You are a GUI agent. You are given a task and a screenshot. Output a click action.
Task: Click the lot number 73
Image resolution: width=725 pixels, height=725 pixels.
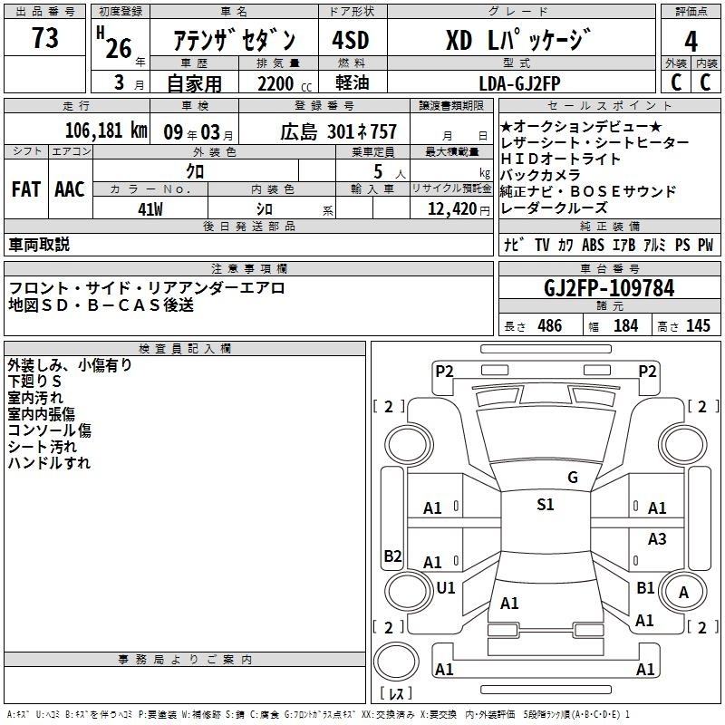click(x=44, y=38)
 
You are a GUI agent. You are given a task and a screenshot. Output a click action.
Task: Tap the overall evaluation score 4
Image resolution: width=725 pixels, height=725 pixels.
click(x=691, y=42)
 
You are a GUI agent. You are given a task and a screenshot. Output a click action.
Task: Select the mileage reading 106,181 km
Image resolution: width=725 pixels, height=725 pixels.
click(x=106, y=130)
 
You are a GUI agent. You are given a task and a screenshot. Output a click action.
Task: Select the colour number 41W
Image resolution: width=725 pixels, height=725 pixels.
click(x=150, y=208)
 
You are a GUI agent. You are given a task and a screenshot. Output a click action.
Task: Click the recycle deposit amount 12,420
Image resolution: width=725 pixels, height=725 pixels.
click(x=450, y=208)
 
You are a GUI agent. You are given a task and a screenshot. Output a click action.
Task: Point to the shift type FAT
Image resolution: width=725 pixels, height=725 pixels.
click(x=25, y=189)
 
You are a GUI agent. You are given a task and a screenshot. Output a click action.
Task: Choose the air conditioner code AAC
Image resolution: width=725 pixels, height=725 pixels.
click(x=70, y=189)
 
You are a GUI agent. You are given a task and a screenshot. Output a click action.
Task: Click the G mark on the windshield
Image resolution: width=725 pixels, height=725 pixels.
click(x=572, y=478)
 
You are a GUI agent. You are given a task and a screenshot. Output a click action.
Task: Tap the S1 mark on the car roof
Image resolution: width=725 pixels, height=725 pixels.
click(x=545, y=505)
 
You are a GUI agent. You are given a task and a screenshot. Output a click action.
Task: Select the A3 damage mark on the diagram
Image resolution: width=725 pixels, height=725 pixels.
click(x=657, y=539)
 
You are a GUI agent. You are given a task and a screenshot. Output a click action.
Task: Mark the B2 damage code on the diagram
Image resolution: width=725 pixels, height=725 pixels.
click(x=392, y=556)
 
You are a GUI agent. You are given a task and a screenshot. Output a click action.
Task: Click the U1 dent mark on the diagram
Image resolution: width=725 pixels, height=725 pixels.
click(x=445, y=587)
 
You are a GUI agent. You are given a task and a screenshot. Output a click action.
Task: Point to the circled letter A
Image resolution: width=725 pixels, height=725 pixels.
click(x=684, y=593)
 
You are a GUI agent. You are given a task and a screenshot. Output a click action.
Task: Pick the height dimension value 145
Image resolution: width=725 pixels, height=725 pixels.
click(x=698, y=326)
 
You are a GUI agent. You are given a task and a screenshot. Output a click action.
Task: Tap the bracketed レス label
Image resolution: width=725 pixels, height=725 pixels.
click(x=394, y=695)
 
